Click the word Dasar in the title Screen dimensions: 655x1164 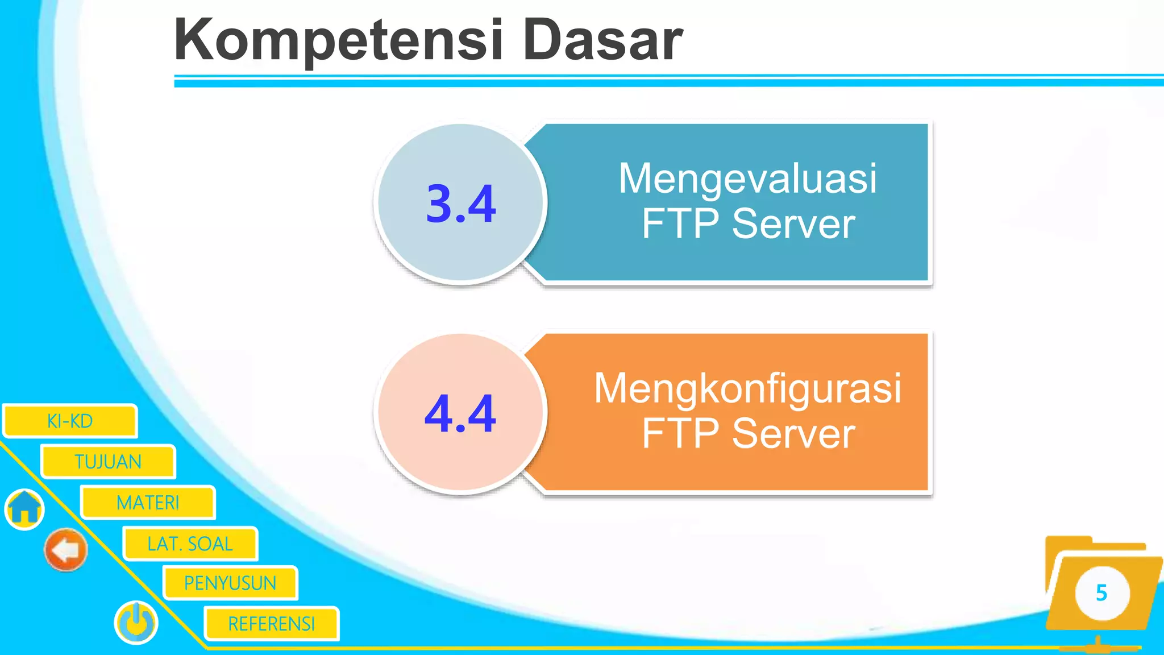click(x=602, y=40)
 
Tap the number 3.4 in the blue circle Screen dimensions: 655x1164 click(x=461, y=204)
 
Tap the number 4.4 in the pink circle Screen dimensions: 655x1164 click(x=460, y=413)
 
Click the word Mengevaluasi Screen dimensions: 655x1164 click(x=747, y=179)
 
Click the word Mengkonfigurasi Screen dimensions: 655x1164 click(x=747, y=388)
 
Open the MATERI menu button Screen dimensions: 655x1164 click(x=148, y=503)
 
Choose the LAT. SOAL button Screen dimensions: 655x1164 click(x=190, y=544)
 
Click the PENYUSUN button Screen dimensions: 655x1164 click(x=230, y=583)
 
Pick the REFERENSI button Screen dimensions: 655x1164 click(x=271, y=624)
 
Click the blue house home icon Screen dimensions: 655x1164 click(x=24, y=508)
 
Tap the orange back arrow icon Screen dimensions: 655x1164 click(x=66, y=550)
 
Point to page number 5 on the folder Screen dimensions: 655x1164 click(x=1101, y=593)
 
